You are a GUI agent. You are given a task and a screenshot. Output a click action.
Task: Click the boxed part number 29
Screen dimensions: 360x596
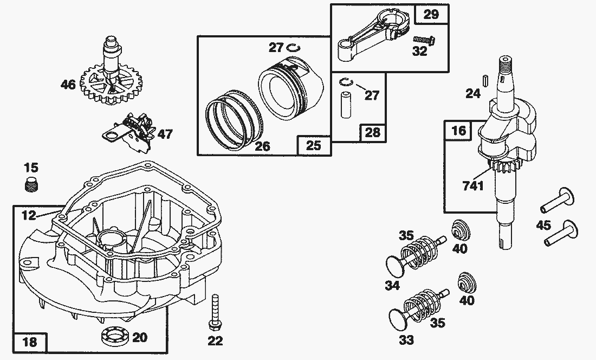(x=431, y=15)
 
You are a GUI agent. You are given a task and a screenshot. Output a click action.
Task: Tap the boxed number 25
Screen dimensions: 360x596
(x=314, y=145)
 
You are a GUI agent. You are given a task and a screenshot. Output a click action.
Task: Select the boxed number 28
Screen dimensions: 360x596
(x=373, y=132)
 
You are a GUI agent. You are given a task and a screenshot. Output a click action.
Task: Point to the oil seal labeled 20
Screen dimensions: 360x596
(x=114, y=336)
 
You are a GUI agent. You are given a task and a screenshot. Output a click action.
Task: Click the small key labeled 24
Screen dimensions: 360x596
(x=487, y=79)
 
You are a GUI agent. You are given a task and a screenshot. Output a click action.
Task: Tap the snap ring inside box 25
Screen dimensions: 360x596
(x=293, y=48)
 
